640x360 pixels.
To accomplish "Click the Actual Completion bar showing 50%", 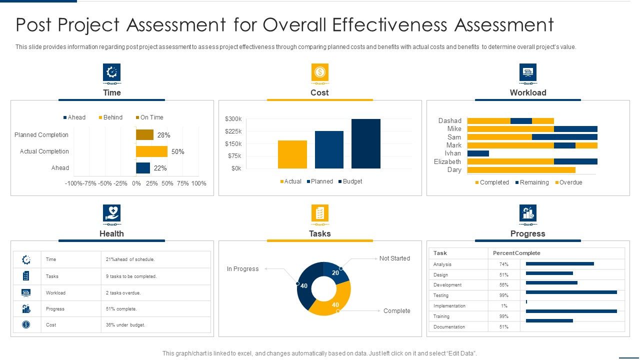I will pyautogui.click(x=151, y=151).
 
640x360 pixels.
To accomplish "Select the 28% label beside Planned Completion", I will pyautogui.click(x=163, y=135).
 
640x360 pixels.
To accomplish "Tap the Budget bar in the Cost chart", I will pyautogui.click(x=365, y=143).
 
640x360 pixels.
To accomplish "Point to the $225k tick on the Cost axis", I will pyautogui.click(x=233, y=131).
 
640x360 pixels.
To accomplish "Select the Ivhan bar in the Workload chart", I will pyautogui.click(x=478, y=153).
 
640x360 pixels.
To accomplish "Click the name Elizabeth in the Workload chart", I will pyautogui.click(x=447, y=161).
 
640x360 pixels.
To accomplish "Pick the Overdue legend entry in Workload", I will pyautogui.click(x=568, y=182).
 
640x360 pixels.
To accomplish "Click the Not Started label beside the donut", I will pyautogui.click(x=394, y=258).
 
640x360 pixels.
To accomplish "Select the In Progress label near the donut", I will pyautogui.click(x=242, y=269).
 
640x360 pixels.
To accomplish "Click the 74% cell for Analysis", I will pyautogui.click(x=503, y=264).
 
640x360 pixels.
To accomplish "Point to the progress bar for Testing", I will pyautogui.click(x=571, y=292).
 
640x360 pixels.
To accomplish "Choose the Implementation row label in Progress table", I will pyautogui.click(x=449, y=306).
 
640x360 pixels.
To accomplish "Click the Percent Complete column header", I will pyautogui.click(x=516, y=253).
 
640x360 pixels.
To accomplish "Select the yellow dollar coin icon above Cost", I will pyautogui.click(x=320, y=72).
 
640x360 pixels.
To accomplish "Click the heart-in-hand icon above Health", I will pyautogui.click(x=111, y=213).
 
